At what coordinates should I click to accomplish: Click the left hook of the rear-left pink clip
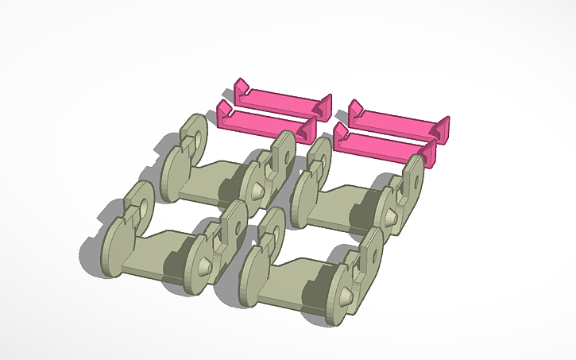243,87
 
